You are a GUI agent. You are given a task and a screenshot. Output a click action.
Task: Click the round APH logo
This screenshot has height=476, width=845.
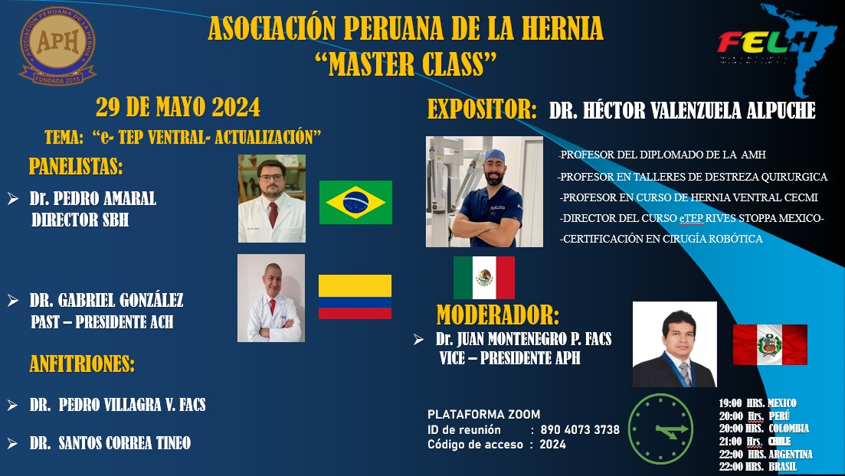point(57,46)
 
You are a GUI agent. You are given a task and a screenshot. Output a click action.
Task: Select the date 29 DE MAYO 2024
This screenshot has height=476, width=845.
point(178,107)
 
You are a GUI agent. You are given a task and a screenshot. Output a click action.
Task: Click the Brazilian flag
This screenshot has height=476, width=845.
point(355,203)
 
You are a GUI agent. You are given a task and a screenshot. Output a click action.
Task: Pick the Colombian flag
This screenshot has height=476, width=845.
point(355,297)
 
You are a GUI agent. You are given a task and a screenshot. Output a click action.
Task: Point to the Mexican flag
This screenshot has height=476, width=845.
point(484,277)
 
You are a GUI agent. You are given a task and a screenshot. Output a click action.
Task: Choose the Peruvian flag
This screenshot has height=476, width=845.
point(770,344)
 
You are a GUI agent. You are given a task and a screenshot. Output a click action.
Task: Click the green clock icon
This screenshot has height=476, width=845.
point(660,429)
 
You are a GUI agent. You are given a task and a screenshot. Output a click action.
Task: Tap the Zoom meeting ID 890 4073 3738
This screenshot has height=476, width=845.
point(580,429)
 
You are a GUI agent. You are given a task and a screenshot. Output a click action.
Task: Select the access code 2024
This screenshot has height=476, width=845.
point(553,445)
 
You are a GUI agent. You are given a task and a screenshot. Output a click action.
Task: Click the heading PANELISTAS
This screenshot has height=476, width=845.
point(76,166)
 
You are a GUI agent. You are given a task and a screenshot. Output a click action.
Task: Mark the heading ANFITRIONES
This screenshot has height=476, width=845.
point(82,364)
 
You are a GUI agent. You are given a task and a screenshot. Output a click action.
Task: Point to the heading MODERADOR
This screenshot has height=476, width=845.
point(498,315)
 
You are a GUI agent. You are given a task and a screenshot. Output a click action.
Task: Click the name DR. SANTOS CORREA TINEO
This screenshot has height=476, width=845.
point(110,443)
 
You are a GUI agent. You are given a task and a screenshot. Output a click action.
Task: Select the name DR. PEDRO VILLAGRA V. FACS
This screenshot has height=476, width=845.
point(117,405)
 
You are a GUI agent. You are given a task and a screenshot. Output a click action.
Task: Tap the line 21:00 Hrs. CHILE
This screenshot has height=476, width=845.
point(755,442)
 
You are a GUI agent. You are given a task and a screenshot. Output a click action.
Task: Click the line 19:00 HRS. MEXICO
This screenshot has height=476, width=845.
point(757,403)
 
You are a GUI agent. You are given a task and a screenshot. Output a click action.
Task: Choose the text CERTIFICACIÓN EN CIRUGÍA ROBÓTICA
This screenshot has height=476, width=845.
point(661,239)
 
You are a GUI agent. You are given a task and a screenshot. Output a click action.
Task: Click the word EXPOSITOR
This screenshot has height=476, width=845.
point(482,109)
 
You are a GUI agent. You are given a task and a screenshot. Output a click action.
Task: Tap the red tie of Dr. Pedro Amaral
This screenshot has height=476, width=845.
point(273,214)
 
